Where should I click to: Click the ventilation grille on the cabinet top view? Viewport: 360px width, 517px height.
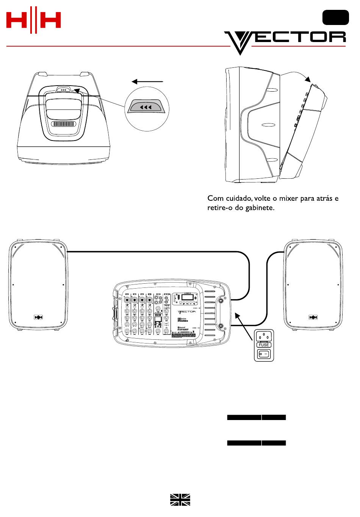[64, 124]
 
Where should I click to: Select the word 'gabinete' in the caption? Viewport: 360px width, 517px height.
[260, 208]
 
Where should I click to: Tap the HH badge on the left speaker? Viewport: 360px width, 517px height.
[38, 317]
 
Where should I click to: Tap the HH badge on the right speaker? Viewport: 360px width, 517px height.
[313, 317]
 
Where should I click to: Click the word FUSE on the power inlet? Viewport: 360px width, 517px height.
[264, 345]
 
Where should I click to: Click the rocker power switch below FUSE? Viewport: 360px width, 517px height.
[264, 354]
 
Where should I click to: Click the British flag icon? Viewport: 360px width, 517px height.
[180, 500]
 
